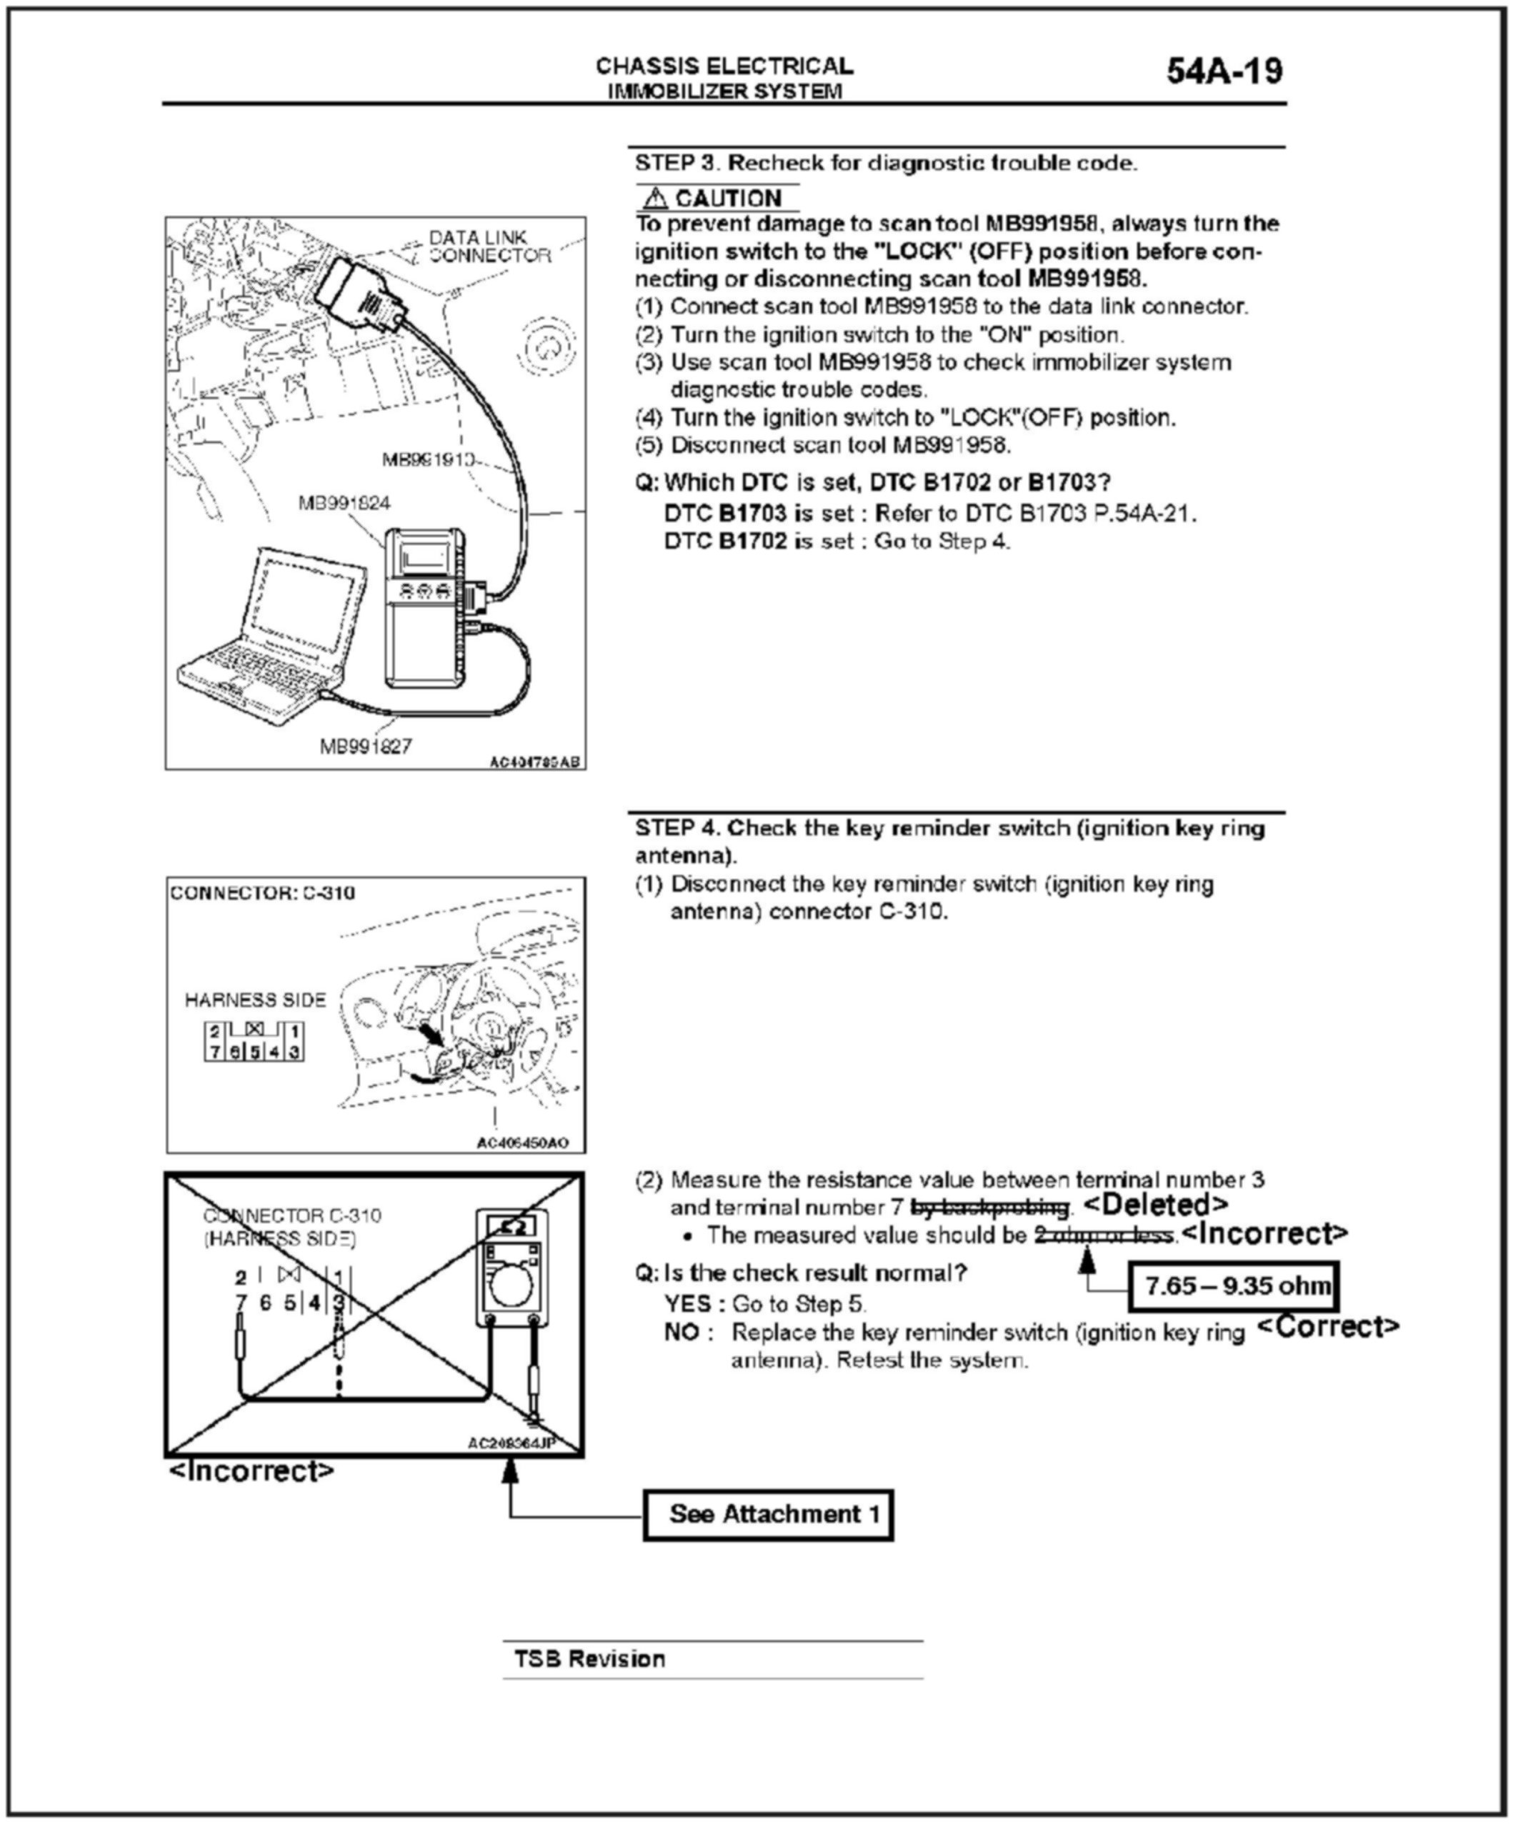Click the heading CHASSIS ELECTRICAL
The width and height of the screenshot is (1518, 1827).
tap(724, 66)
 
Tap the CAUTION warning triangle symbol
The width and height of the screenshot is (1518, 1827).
tap(655, 199)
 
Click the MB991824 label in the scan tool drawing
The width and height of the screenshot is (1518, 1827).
tap(344, 503)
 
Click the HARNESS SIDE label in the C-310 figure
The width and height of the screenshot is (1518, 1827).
tap(255, 1000)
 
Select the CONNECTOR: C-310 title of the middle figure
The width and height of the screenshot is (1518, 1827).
tap(263, 892)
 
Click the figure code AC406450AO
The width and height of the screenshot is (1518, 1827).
tap(522, 1143)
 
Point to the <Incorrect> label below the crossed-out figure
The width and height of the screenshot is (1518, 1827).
tap(251, 1471)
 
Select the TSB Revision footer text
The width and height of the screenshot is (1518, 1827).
tap(590, 1659)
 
